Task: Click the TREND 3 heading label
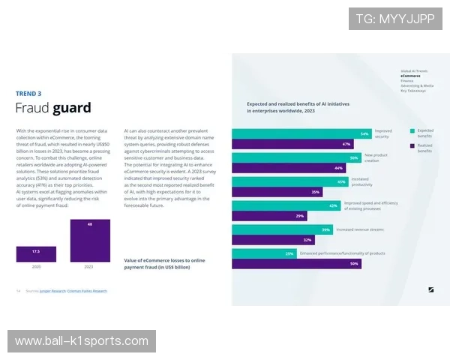click(x=28, y=94)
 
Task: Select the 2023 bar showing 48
click(x=90, y=240)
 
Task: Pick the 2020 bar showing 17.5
click(x=36, y=253)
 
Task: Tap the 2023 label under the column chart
click(x=90, y=266)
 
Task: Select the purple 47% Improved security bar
click(x=292, y=144)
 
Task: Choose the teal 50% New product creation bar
click(x=297, y=157)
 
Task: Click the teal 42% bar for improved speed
click(x=286, y=205)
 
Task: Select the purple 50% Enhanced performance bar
click(x=297, y=263)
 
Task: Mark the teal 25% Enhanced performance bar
click(x=264, y=253)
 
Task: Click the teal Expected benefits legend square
click(x=412, y=130)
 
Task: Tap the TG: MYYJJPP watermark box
click(x=395, y=19)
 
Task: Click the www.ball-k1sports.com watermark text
click(x=81, y=341)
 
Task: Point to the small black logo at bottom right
click(x=431, y=289)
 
